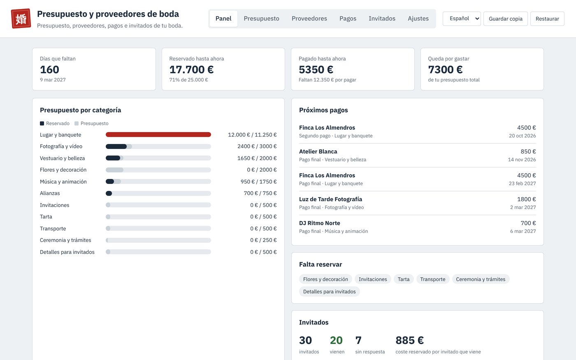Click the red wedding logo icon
click(x=21, y=19)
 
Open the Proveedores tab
click(x=309, y=19)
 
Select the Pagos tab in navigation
click(x=348, y=19)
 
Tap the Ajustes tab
click(x=418, y=19)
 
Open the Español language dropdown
click(x=462, y=19)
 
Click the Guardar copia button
click(x=505, y=19)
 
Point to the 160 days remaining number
click(x=49, y=70)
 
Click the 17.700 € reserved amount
click(x=191, y=70)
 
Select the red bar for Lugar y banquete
click(x=158, y=135)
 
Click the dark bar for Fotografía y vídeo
click(x=116, y=146)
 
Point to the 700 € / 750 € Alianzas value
click(x=260, y=193)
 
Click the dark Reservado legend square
click(x=42, y=123)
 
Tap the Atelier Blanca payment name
click(x=318, y=151)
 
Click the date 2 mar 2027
click(x=523, y=207)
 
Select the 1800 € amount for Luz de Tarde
click(x=526, y=199)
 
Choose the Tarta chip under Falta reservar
click(x=404, y=279)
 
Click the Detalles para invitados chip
click(x=329, y=291)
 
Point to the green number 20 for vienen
click(x=336, y=340)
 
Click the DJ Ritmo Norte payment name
click(x=319, y=223)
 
